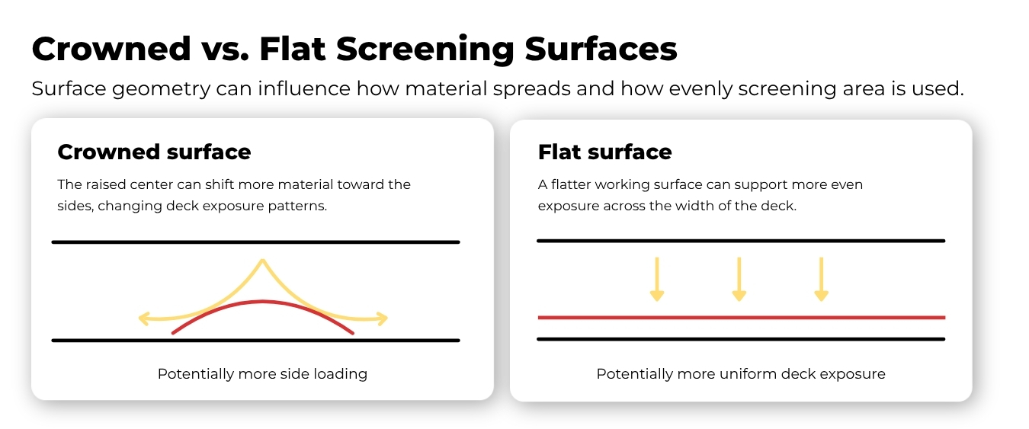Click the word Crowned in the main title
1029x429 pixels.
click(x=111, y=49)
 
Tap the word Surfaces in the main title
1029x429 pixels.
click(x=601, y=49)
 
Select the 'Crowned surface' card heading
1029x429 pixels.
click(x=154, y=152)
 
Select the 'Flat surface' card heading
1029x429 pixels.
click(x=604, y=152)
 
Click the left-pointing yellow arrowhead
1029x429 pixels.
click(x=144, y=319)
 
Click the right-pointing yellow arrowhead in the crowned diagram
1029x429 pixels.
click(x=382, y=319)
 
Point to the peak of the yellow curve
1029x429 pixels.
click(x=262, y=261)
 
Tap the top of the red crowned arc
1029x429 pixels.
click(x=262, y=302)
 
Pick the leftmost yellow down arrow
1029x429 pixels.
click(x=657, y=279)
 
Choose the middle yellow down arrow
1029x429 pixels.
click(x=739, y=279)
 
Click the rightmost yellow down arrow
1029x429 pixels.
click(x=822, y=279)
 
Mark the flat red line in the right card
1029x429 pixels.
click(x=742, y=318)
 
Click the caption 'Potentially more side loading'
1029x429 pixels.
click(x=262, y=374)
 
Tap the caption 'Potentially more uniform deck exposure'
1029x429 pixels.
click(x=741, y=374)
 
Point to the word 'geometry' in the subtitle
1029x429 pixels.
click(x=162, y=89)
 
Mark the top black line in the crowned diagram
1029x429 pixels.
click(x=255, y=242)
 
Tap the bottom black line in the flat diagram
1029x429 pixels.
click(x=741, y=339)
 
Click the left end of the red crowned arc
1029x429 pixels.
click(x=173, y=332)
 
